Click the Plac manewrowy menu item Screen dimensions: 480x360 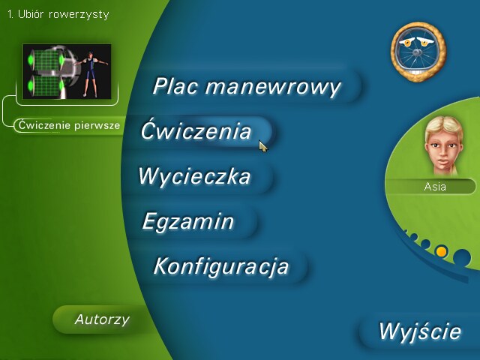click(247, 87)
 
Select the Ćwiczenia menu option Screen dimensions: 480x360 click(196, 131)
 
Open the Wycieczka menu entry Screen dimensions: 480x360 click(195, 176)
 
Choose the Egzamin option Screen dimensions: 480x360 click(188, 222)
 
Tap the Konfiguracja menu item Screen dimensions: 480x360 click(221, 266)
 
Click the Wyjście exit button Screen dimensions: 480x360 click(420, 331)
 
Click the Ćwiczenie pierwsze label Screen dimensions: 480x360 click(69, 125)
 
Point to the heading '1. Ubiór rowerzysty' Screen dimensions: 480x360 click(58, 14)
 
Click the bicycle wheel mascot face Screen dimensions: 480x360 click(418, 52)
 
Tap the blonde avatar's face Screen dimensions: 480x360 click(443, 145)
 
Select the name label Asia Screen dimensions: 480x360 click(435, 187)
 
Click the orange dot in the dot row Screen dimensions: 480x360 click(441, 252)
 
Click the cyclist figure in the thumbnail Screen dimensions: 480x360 click(90, 73)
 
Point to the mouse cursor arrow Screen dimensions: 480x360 click(263, 145)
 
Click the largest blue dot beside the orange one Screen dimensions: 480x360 click(462, 258)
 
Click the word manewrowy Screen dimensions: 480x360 click(273, 87)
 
